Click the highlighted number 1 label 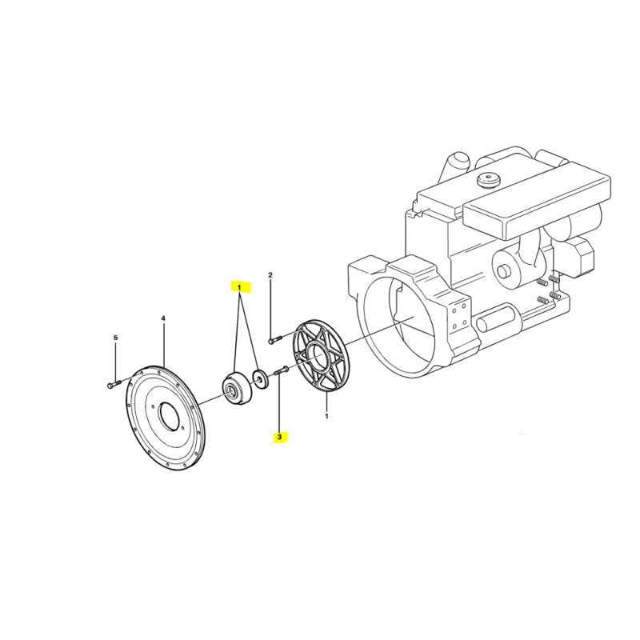tap(239, 288)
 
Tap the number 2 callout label tap(270, 275)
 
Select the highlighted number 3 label tap(279, 437)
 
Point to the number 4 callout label tap(163, 318)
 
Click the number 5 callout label tap(115, 338)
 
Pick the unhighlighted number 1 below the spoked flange tap(326, 416)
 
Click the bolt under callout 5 tap(114, 384)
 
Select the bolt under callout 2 tap(275, 339)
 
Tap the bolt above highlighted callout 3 tap(282, 370)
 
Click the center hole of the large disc tap(169, 418)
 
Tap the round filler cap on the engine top tap(488, 181)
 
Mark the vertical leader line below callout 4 tap(163, 344)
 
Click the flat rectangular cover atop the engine tap(538, 200)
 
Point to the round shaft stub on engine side tap(504, 271)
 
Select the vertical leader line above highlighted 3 tap(279, 402)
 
